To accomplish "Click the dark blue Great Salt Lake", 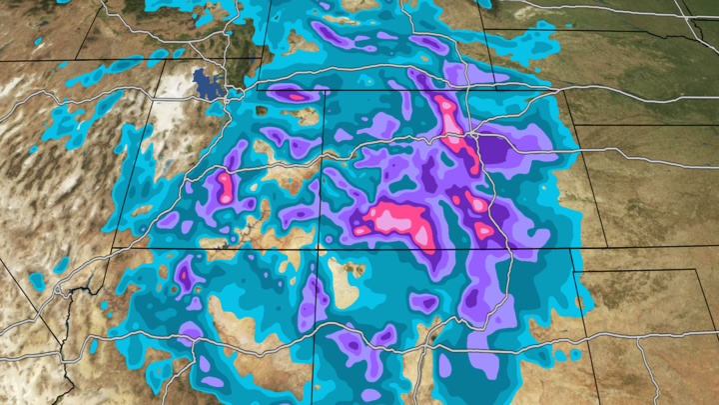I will tap(208, 83).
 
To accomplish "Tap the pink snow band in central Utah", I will tap(225, 186).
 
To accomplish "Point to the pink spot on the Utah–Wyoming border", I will tap(291, 94).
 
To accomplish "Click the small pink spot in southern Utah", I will tap(184, 271).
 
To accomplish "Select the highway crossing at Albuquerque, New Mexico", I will tap(429, 344).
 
